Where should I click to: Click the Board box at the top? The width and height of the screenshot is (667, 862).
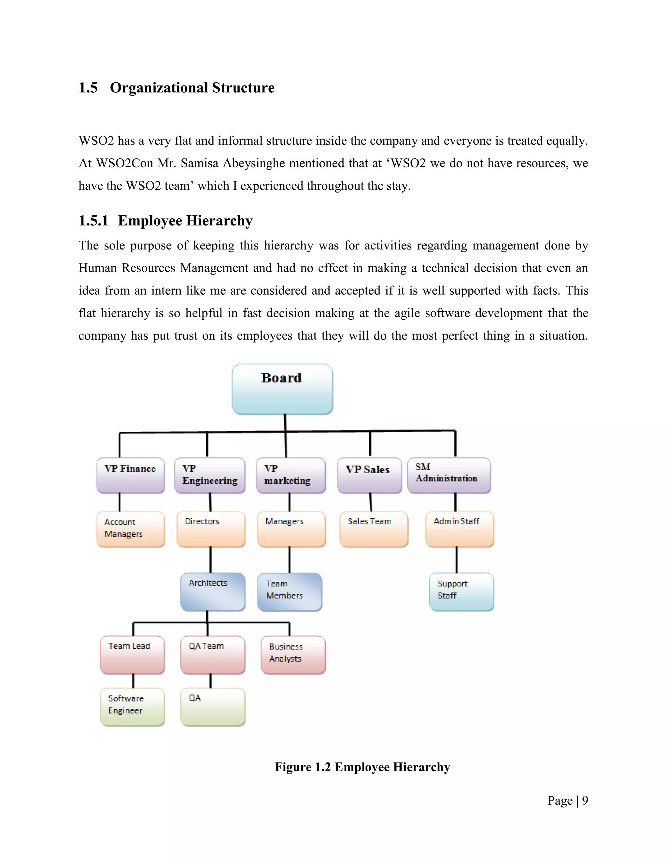pos(282,389)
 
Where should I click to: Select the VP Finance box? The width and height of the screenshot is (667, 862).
pos(130,475)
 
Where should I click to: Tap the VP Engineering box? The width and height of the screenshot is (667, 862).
pos(209,475)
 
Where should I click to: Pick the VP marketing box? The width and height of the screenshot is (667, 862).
pos(291,475)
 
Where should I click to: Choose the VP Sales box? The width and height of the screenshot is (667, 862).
pos(369,475)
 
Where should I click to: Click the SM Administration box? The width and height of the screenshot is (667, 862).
pos(449,475)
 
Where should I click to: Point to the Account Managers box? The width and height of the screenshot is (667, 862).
pos(130,529)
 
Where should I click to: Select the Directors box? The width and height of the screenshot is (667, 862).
pos(211,529)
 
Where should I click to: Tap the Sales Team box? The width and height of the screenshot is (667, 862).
pos(374,529)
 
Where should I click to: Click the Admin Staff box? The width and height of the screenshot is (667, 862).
pos(460,529)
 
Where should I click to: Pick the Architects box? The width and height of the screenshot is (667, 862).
pos(213,591)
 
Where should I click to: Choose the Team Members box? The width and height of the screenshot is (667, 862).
pos(290,591)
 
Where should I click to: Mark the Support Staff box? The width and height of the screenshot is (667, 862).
pos(461,591)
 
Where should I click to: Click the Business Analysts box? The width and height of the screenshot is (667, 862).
pos(293,654)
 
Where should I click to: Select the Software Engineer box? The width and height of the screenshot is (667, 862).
pos(132,707)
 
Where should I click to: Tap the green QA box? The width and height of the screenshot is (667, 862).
pos(213,707)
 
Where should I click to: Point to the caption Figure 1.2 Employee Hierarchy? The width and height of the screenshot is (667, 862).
pos(362,767)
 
